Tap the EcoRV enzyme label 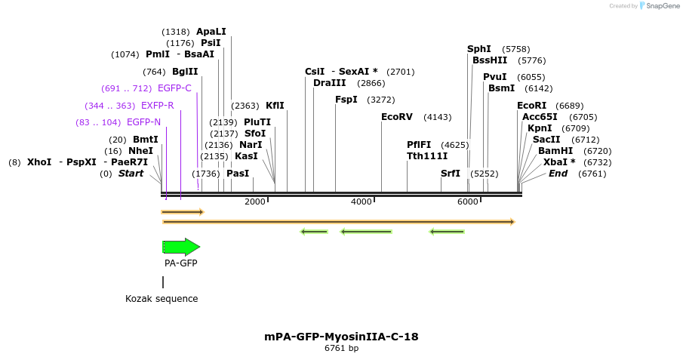click(x=397, y=117)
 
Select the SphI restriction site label click(x=479, y=49)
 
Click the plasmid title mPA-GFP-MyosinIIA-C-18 click(x=341, y=336)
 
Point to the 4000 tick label click(x=361, y=202)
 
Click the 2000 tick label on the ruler click(x=255, y=202)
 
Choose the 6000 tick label click(x=468, y=202)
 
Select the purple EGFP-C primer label click(x=174, y=88)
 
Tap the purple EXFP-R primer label click(x=157, y=106)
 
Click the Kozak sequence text click(x=162, y=299)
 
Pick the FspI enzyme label click(x=346, y=100)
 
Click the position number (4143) click(x=437, y=117)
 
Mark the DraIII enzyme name click(x=330, y=83)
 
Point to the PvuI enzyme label click(x=495, y=77)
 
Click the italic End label click(x=558, y=174)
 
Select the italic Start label click(x=131, y=174)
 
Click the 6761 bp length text click(x=341, y=348)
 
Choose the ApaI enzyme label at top click(x=211, y=32)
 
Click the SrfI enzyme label click(x=451, y=174)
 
